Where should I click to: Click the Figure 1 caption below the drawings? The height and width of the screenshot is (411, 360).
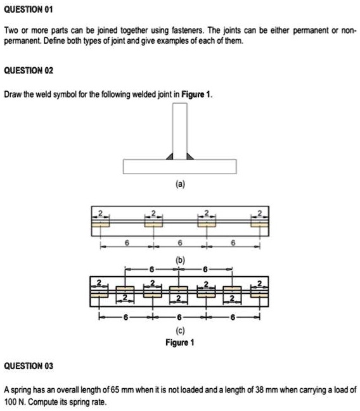point(180,343)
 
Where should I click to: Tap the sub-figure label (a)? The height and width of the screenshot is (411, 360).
point(180,184)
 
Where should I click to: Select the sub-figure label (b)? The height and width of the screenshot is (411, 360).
point(180,258)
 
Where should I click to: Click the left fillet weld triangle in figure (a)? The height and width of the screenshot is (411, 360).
point(170,155)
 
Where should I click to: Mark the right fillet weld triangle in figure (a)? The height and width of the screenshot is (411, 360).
point(190,155)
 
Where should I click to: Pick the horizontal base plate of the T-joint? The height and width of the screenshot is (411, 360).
point(180,167)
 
